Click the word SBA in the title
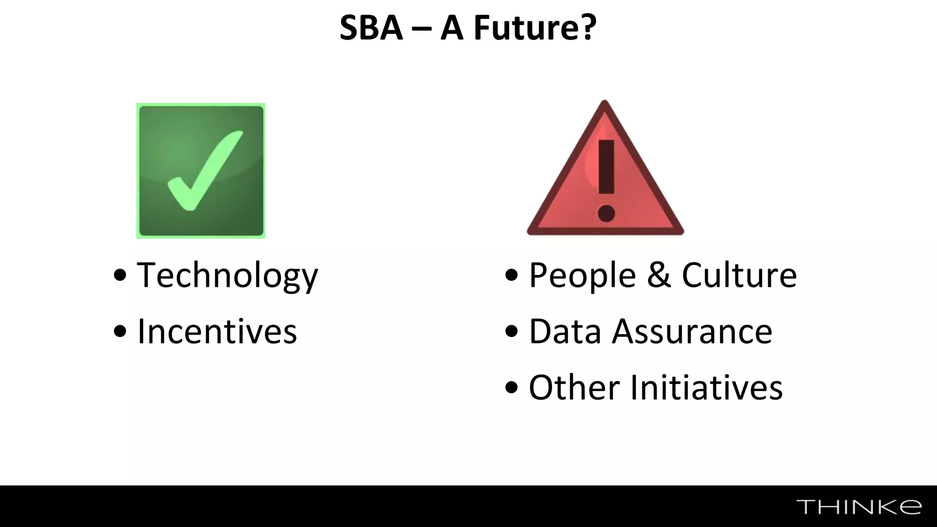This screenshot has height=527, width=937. (x=371, y=28)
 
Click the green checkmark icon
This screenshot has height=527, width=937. (x=201, y=171)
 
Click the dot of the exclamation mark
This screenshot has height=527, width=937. (x=606, y=213)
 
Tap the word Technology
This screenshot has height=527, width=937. (x=227, y=275)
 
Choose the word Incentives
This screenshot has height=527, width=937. (x=217, y=331)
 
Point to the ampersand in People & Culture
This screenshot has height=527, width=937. (x=659, y=275)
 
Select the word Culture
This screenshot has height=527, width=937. (x=739, y=275)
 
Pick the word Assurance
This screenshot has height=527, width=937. (x=692, y=331)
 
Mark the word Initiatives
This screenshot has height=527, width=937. (x=706, y=387)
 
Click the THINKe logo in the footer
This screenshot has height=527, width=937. (x=859, y=507)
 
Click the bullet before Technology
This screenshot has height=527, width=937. (x=120, y=275)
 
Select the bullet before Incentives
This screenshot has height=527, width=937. (x=120, y=332)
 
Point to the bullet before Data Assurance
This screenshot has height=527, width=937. (x=512, y=332)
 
